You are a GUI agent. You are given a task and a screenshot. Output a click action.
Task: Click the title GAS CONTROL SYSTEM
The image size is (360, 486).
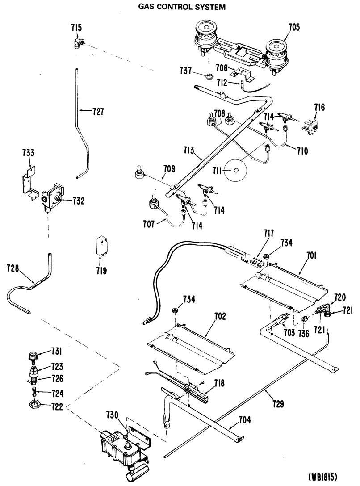click(x=181, y=7)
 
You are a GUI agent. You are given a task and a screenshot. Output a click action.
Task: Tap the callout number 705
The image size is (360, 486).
click(x=294, y=27)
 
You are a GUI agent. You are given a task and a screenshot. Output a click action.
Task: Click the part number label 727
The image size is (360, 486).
click(x=98, y=111)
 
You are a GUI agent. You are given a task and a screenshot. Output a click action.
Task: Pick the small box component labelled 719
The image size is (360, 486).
click(x=102, y=247)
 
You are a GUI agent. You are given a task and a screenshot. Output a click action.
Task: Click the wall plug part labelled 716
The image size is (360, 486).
click(x=310, y=126)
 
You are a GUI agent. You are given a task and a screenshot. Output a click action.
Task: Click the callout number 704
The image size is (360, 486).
click(x=245, y=420)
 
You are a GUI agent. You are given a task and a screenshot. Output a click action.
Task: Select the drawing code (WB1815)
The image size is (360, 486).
click(x=323, y=476)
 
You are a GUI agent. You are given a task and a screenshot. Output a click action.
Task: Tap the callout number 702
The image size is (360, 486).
click(x=220, y=316)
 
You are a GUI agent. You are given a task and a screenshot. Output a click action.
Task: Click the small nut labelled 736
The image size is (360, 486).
click(x=304, y=319)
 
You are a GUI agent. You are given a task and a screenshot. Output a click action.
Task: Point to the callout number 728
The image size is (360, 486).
click(x=13, y=268)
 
